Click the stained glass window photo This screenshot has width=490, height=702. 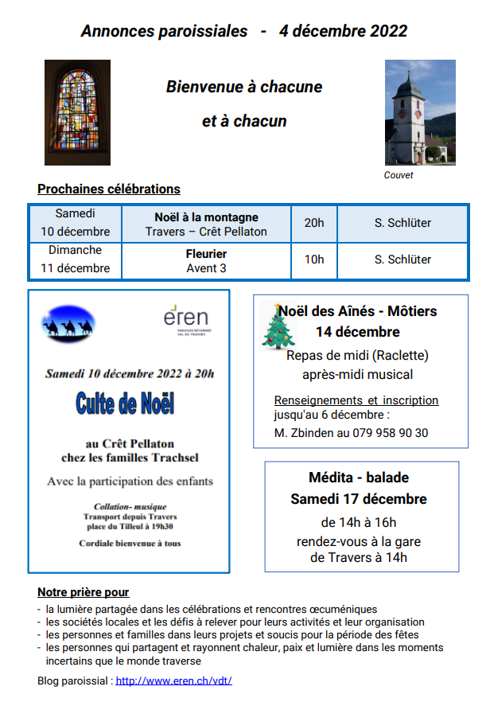tap(77, 112)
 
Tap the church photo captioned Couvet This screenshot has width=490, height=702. tap(415, 111)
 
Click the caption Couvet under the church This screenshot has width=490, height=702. tap(399, 175)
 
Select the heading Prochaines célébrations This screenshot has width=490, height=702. tap(109, 189)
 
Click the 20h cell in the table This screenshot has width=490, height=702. tap(314, 223)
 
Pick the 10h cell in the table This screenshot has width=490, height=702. tap(314, 259)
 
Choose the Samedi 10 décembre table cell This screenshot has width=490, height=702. tap(76, 223)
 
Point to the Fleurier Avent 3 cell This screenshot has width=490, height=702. tap(207, 260)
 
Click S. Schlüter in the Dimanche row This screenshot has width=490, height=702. tap(402, 259)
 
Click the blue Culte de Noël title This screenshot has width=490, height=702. tap(126, 404)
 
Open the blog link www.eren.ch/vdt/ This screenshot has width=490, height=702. tap(173, 681)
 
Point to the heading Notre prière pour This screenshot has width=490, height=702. tap(83, 592)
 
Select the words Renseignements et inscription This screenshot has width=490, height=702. tap(356, 400)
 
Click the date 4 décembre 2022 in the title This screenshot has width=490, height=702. tap(343, 31)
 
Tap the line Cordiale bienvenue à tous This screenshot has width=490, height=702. tap(130, 544)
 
